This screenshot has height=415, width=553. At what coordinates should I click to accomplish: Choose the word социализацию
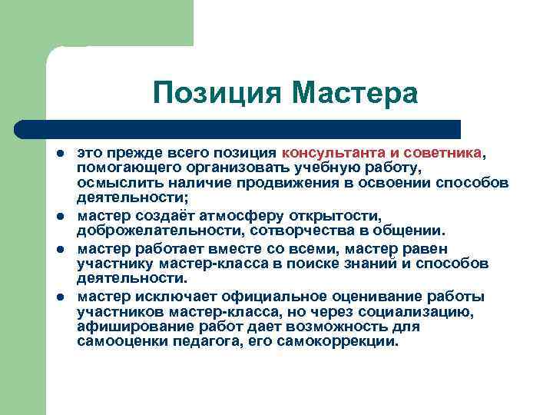point(426,310)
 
